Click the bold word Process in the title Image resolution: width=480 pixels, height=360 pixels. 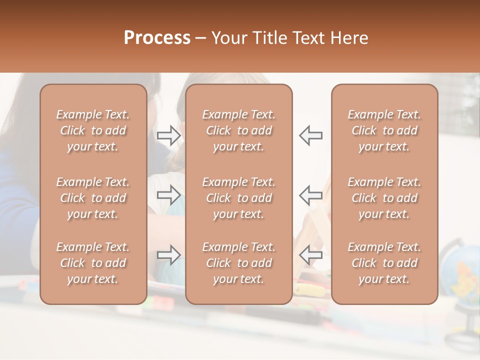coord(157,38)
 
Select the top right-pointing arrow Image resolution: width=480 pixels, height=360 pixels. coord(168,135)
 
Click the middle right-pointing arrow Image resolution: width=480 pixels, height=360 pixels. coord(168,195)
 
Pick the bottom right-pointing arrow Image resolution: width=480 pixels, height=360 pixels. coord(168,255)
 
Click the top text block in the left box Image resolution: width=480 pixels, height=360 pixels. coord(93,130)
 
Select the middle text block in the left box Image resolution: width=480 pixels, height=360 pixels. coord(93,198)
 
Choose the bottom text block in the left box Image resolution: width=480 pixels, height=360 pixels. coord(93,263)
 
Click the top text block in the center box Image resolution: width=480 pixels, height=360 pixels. coord(238,130)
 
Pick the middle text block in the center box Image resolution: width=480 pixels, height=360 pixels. coord(238,198)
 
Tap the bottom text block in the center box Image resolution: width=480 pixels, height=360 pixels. coord(238,263)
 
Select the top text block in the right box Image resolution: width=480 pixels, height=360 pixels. coord(384,130)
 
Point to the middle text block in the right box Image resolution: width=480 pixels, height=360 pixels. coord(384,198)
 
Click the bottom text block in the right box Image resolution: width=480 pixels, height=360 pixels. coord(384,263)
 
